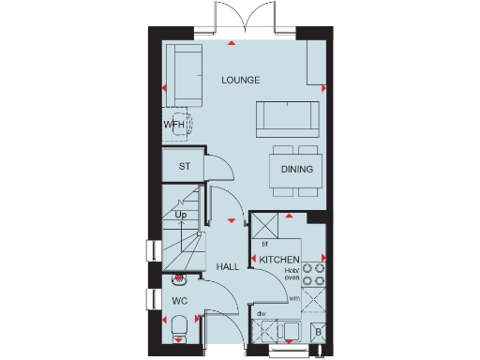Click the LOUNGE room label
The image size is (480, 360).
click(240, 80)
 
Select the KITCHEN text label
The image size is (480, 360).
click(279, 259)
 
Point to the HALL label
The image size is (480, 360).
click(228, 267)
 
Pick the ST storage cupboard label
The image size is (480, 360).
click(185, 167)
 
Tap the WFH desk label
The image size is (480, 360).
click(175, 124)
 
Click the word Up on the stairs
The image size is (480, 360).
click(181, 216)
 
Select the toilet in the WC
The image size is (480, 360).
click(179, 329)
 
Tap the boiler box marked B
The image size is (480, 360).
click(318, 332)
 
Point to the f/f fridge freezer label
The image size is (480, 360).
click(265, 244)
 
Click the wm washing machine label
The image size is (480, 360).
click(294, 299)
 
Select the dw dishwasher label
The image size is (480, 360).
click(262, 314)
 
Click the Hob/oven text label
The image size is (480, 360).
click(292, 272)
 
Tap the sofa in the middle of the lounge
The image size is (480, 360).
click(287, 116)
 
